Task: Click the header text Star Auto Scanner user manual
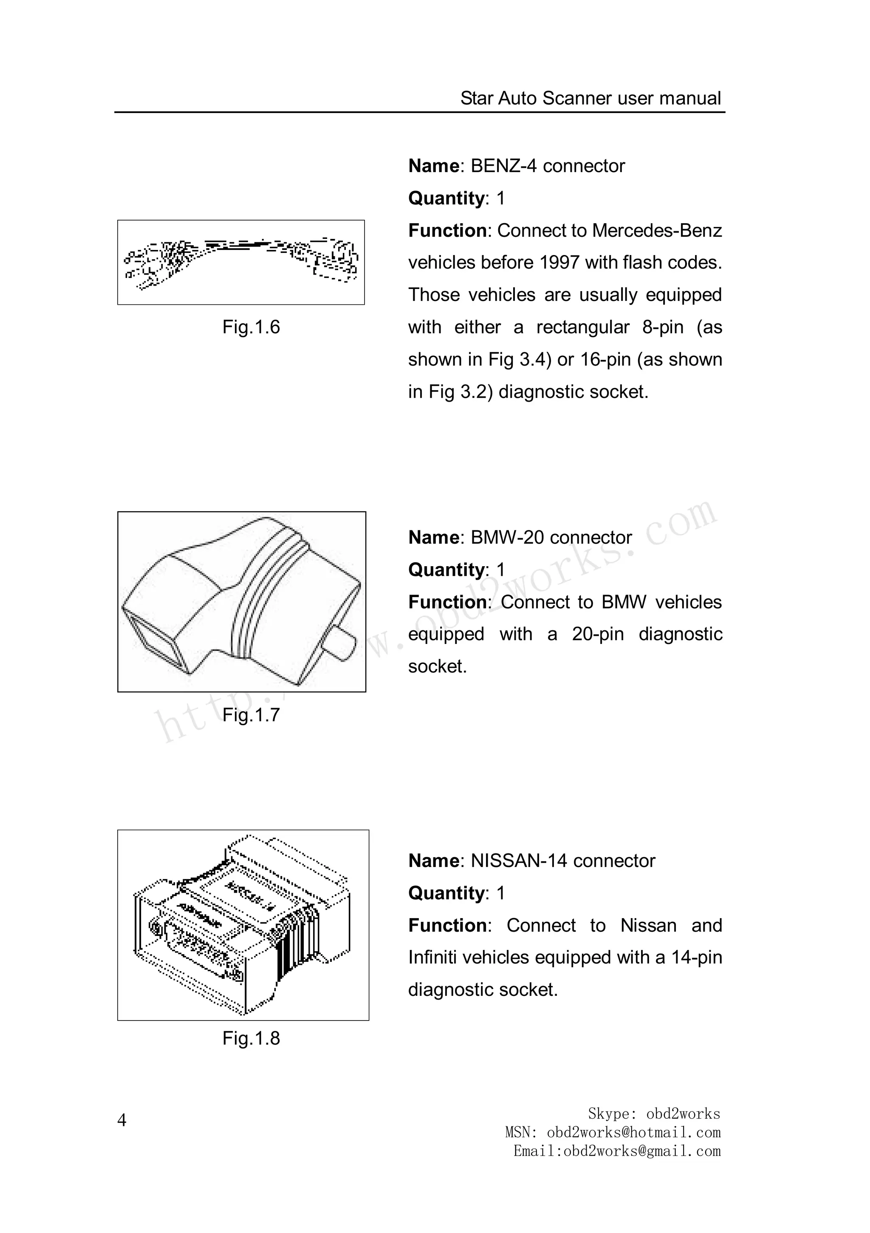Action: (590, 98)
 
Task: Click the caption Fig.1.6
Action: (251, 327)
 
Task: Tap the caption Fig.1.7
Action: (251, 715)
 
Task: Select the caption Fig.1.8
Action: (251, 1038)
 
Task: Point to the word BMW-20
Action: (507, 538)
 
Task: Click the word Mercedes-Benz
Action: (657, 230)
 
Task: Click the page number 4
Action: (122, 1120)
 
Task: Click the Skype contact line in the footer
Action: (654, 1113)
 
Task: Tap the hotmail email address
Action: (633, 1132)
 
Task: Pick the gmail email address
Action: (642, 1151)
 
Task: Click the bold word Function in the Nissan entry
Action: (447, 925)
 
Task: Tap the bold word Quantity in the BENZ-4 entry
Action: (446, 198)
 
